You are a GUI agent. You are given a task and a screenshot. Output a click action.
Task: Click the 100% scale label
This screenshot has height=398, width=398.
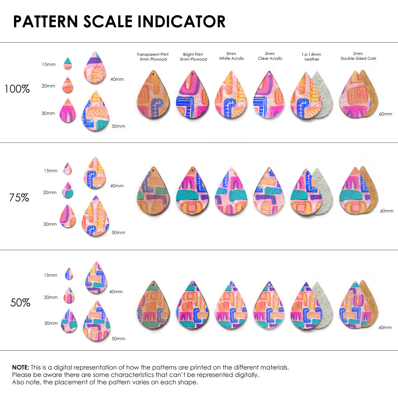tap(17, 89)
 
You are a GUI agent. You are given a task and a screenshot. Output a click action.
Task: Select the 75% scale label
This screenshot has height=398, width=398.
tap(19, 197)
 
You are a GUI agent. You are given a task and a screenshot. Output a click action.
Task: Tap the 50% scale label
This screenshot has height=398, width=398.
tap(20, 302)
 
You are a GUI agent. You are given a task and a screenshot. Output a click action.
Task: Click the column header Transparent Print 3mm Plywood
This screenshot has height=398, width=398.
tap(152, 57)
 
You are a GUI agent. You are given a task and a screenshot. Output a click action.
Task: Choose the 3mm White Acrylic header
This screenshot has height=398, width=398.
tap(232, 56)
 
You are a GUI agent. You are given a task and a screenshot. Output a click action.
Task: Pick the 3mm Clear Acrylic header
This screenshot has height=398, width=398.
tap(270, 56)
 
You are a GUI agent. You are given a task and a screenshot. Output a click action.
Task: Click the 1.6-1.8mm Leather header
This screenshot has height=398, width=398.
tap(312, 57)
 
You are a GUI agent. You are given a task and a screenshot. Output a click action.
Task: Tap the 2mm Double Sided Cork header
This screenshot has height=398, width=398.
tap(358, 56)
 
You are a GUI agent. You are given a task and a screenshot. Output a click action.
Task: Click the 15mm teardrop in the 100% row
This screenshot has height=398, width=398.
tap(68, 63)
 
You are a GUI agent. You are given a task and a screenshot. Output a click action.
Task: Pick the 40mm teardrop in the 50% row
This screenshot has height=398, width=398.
tap(96, 277)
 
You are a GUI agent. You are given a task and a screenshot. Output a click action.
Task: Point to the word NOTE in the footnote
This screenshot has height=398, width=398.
tap(20, 367)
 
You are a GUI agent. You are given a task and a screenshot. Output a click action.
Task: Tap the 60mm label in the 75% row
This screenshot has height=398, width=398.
tap(386, 211)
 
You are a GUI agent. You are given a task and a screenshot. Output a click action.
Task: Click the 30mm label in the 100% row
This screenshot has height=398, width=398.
tap(48, 113)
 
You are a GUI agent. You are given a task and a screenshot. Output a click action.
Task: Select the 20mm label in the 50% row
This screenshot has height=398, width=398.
tap(51, 297)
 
